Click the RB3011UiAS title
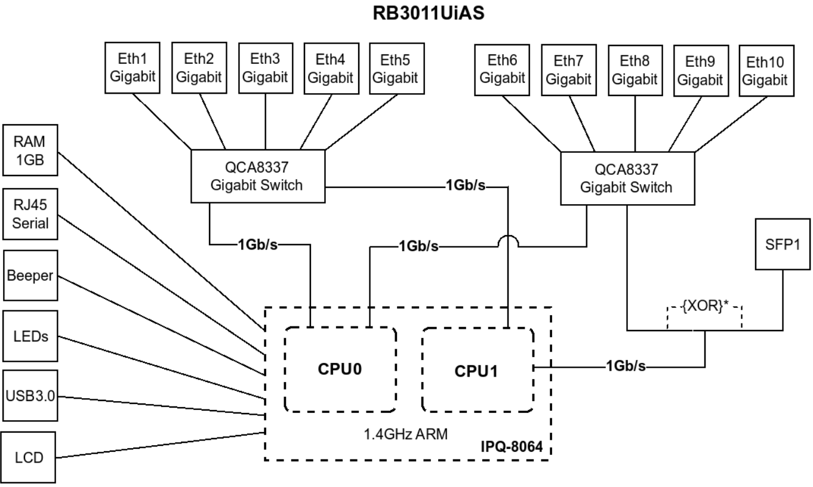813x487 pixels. point(428,14)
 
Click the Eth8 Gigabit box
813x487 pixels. point(634,69)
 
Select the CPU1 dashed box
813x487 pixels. point(478,370)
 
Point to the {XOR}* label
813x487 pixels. point(705,310)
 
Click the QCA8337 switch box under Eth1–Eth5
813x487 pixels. point(257,176)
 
